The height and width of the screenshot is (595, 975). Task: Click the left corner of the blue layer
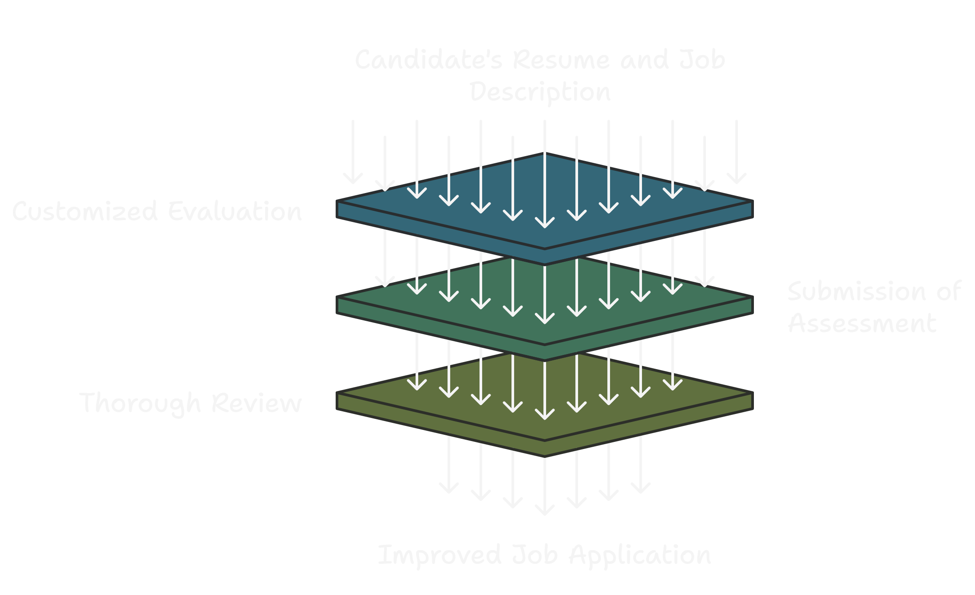click(x=338, y=202)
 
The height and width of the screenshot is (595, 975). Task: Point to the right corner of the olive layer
click(x=752, y=394)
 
